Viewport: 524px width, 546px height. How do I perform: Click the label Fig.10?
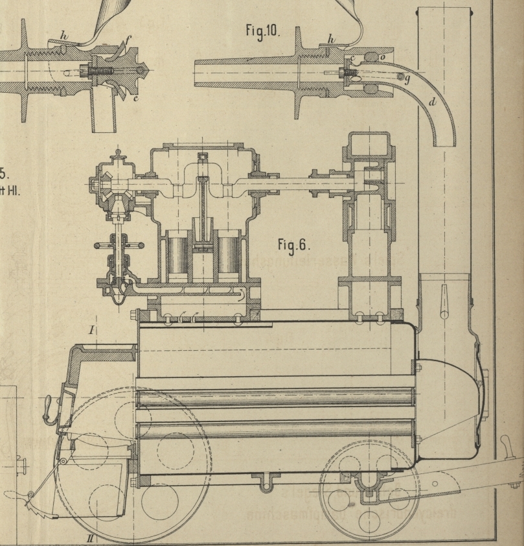[x=262, y=30]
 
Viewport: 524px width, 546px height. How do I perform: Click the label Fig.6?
[x=293, y=244]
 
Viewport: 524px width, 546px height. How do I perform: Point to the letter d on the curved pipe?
[x=432, y=102]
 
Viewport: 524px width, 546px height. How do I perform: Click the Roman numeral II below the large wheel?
[x=92, y=538]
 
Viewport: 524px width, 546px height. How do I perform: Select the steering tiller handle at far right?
[x=505, y=447]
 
